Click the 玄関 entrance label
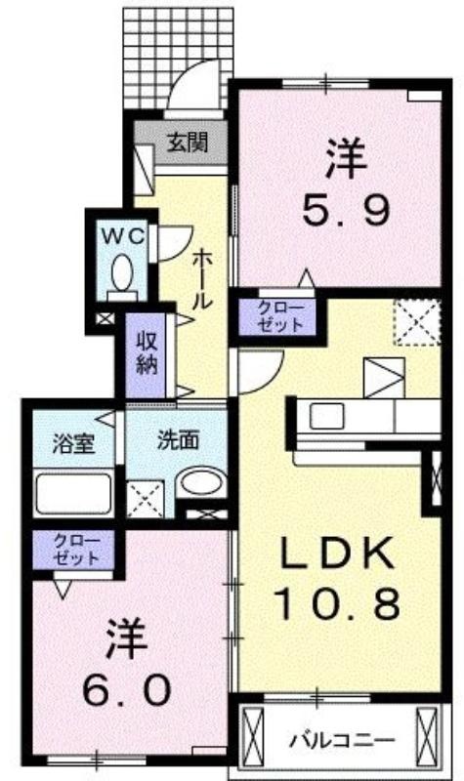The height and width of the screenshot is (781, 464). click(187, 144)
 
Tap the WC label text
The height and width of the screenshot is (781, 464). click(123, 235)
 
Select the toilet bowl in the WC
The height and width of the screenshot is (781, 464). click(122, 272)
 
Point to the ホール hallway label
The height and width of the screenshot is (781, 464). click(203, 280)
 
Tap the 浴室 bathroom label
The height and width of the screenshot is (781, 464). click(74, 444)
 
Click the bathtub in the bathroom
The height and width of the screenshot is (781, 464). click(73, 494)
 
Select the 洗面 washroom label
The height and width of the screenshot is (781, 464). click(179, 440)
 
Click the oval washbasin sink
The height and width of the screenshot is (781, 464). click(202, 482)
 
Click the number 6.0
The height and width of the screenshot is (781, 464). click(127, 690)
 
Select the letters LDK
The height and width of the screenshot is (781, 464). click(338, 554)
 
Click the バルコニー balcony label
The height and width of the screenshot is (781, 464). click(343, 739)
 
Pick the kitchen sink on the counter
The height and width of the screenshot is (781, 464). click(326, 416)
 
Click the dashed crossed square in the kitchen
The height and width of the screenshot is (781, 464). click(417, 322)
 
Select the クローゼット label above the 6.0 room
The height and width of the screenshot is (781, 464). click(76, 550)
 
